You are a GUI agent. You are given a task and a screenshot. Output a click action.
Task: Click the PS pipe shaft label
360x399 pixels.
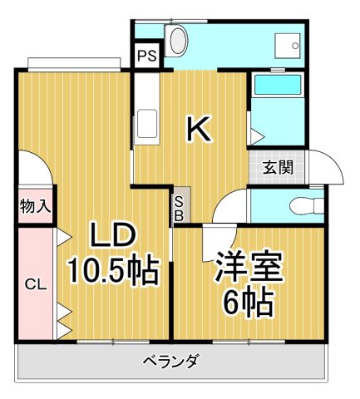click(x=146, y=57)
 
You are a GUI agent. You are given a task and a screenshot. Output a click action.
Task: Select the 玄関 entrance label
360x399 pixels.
click(x=279, y=167)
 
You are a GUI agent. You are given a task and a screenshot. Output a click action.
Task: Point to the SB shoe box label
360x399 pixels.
click(x=180, y=205)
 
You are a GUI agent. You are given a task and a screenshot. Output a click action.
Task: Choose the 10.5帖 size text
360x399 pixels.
click(x=113, y=271)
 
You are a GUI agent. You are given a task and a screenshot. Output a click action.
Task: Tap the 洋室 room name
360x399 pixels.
click(x=249, y=268)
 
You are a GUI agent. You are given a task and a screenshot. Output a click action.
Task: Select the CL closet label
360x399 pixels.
click(x=34, y=284)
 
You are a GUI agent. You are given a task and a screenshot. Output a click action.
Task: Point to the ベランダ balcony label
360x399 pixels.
click(x=170, y=361)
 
